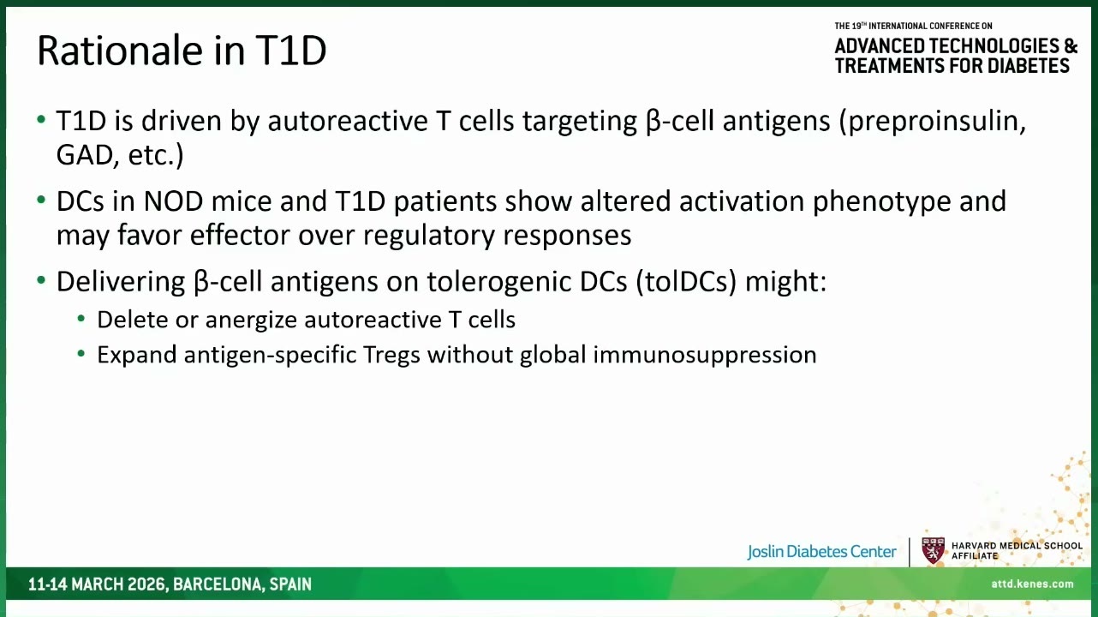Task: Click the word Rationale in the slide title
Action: click(x=120, y=51)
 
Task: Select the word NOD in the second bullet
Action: click(x=173, y=201)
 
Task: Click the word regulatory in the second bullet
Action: click(x=429, y=237)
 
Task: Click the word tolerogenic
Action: click(x=499, y=283)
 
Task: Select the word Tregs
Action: click(x=391, y=355)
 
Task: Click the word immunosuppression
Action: click(x=705, y=355)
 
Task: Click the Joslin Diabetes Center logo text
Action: click(x=821, y=552)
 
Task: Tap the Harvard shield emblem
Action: click(x=934, y=551)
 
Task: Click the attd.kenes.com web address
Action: click(x=1032, y=584)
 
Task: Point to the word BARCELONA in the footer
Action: click(x=218, y=584)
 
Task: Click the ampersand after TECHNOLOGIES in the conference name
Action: click(x=1070, y=46)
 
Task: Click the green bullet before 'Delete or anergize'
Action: click(x=81, y=320)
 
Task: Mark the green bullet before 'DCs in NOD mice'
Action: click(x=41, y=201)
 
